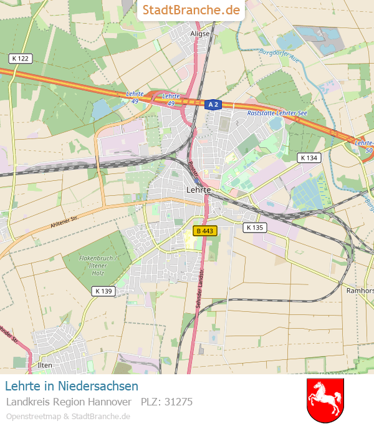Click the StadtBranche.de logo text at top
coord(191,10)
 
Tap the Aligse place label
coord(199,34)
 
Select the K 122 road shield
coord(21,58)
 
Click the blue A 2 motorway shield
coord(213,104)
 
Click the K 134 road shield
coord(308,158)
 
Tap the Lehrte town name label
coord(198,189)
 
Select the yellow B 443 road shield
coord(205,231)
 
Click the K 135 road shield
coord(255,228)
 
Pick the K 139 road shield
coord(103,291)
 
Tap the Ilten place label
coord(45,365)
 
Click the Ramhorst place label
coord(360,291)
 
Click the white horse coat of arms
coord(325,400)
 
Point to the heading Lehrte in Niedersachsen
coord(71,387)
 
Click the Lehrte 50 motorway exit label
coord(363,147)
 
